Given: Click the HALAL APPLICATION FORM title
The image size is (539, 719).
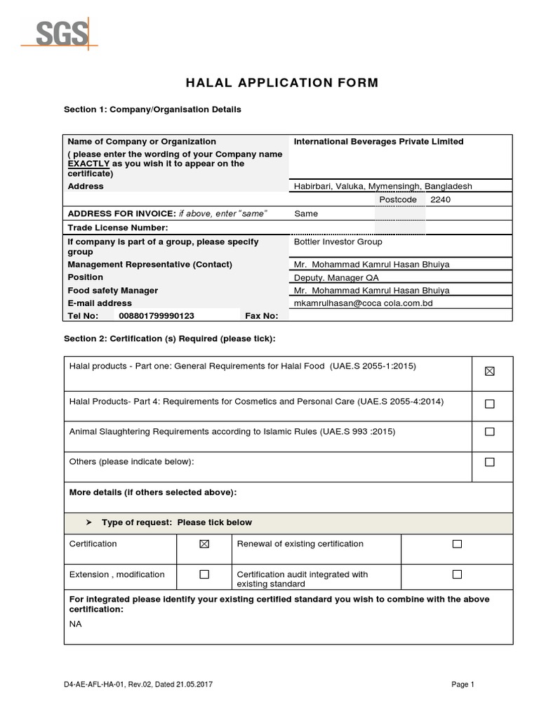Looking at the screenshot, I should click(x=281, y=83).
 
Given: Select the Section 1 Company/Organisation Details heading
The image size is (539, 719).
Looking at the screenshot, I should click(x=152, y=110).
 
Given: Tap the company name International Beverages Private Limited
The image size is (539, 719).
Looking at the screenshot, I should click(x=378, y=142).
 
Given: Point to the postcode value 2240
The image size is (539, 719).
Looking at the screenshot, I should click(x=441, y=199).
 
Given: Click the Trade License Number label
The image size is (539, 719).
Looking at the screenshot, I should click(x=117, y=228).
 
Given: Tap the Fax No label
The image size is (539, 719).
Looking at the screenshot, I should click(x=261, y=316).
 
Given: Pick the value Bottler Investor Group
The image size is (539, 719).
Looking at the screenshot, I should click(x=338, y=242).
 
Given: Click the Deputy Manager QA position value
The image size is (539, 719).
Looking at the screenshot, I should click(x=333, y=277).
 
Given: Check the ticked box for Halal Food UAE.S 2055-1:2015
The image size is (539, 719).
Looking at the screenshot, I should click(x=489, y=371).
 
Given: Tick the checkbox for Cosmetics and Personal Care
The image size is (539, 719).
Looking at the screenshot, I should click(x=489, y=404).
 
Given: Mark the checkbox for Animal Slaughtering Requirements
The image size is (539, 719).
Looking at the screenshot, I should click(x=489, y=431).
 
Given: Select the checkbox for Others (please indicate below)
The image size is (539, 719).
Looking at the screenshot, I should click(x=489, y=462).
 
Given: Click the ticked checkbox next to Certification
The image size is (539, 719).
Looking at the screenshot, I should click(x=204, y=544).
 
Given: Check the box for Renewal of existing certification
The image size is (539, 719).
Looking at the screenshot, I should click(x=457, y=544).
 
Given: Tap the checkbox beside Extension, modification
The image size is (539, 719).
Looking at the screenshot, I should click(x=204, y=574).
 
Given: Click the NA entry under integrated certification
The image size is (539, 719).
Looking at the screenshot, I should click(x=76, y=624).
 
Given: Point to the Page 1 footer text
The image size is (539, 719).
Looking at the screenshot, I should click(x=464, y=685).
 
